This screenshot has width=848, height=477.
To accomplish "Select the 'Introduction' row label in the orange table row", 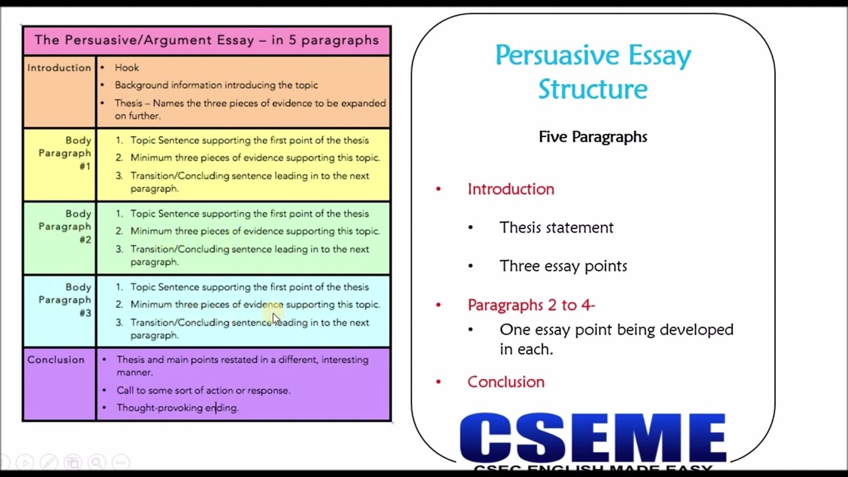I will point(59,68).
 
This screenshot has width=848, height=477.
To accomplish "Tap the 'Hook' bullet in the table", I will point(127,68).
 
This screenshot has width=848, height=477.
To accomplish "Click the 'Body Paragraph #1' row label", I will point(65,153).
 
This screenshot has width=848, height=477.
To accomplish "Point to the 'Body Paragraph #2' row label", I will point(65,227).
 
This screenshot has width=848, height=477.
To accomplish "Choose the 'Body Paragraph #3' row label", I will point(65,300).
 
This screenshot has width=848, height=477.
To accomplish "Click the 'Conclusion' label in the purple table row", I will point(56,360).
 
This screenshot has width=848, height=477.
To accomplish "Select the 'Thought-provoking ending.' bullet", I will point(177,408).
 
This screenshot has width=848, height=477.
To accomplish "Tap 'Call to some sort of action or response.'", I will point(203,390).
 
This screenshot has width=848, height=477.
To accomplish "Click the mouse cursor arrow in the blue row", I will point(276,319).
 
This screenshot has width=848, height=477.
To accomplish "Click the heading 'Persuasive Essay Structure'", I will point(593,72).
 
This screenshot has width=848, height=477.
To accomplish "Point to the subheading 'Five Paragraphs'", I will point(593,137).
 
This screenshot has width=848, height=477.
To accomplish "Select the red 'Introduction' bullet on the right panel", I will point(511,189).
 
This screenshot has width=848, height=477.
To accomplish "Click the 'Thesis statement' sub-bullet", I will point(556,227).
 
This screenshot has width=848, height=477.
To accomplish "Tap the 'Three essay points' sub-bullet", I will point(563,266).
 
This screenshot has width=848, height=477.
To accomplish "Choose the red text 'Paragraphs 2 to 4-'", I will point(531,305).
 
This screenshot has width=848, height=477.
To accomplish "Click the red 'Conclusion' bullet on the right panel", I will point(505,382).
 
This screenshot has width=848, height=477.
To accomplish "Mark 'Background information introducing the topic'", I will point(216,85).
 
